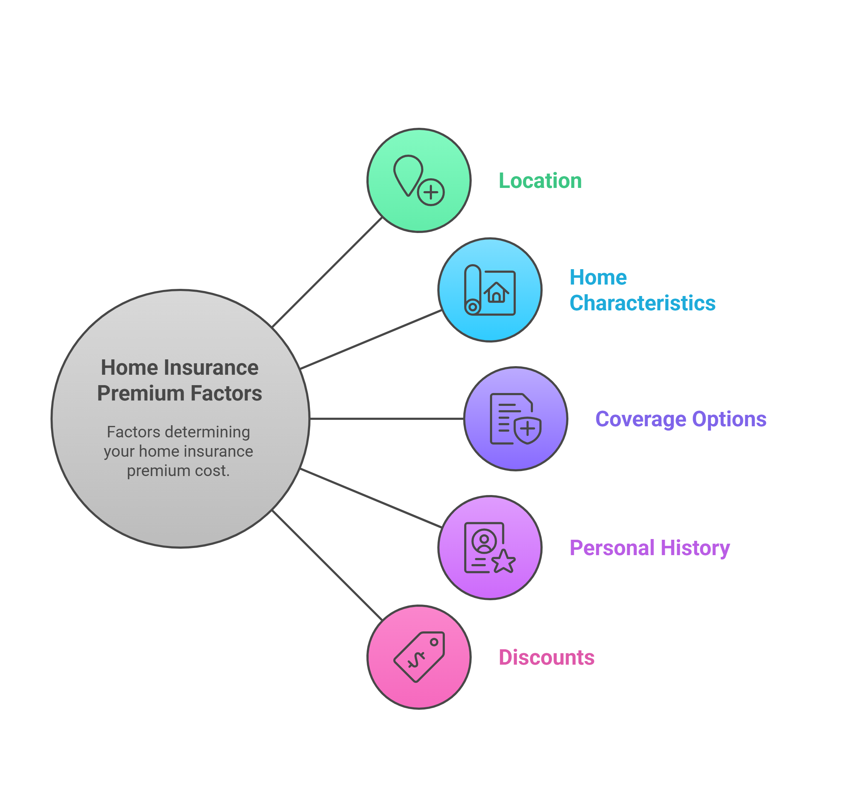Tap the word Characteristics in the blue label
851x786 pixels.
(x=643, y=303)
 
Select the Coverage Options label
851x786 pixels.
(x=681, y=419)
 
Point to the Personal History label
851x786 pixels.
(x=650, y=548)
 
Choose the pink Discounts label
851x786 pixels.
(x=546, y=657)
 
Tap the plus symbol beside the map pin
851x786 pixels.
(x=431, y=192)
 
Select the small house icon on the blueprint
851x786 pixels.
(x=496, y=293)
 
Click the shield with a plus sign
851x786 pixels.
(x=527, y=430)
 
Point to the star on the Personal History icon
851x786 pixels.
(x=503, y=562)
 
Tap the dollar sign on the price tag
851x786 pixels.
(x=416, y=660)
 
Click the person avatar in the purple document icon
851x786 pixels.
(x=484, y=542)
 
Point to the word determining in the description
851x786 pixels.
(x=208, y=432)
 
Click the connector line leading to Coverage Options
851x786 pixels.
(x=386, y=419)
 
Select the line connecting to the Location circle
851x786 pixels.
(x=327, y=272)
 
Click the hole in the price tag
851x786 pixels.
(x=434, y=642)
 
